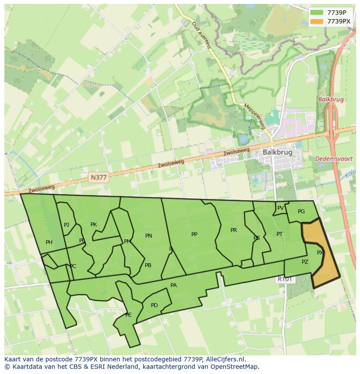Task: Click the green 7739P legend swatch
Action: click(x=316, y=13)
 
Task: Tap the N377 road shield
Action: click(x=99, y=177)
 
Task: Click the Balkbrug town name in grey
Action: click(x=277, y=152)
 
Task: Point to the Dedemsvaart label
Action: click(x=334, y=159)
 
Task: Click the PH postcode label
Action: click(x=49, y=242)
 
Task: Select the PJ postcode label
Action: click(x=67, y=225)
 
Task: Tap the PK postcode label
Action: click(x=93, y=225)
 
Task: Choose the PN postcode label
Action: click(x=149, y=236)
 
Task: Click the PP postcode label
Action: click(x=194, y=235)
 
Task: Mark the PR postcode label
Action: click(x=233, y=230)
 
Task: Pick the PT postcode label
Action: click(x=280, y=234)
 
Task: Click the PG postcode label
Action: click(x=301, y=212)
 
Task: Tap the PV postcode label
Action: click(x=280, y=208)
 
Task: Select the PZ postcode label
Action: click(x=305, y=262)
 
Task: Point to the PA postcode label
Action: click(x=173, y=285)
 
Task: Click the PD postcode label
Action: click(x=154, y=305)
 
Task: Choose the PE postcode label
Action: click(x=128, y=315)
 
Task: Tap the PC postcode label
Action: click(x=73, y=266)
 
